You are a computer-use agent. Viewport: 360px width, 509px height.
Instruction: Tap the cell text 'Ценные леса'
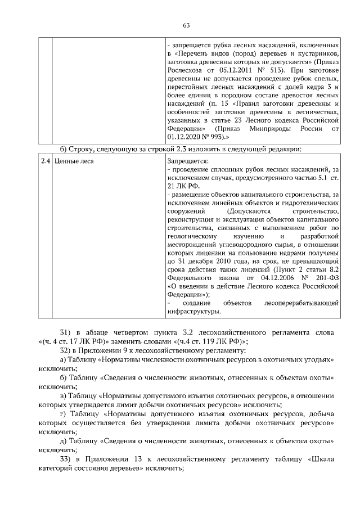(74, 161)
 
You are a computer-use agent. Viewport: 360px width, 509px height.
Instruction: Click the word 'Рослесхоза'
(187, 70)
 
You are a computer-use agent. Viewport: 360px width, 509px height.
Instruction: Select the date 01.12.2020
(187, 137)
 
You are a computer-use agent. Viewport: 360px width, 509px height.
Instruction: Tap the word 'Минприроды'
(261, 128)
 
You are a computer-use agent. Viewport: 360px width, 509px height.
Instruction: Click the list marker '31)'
(67, 332)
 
